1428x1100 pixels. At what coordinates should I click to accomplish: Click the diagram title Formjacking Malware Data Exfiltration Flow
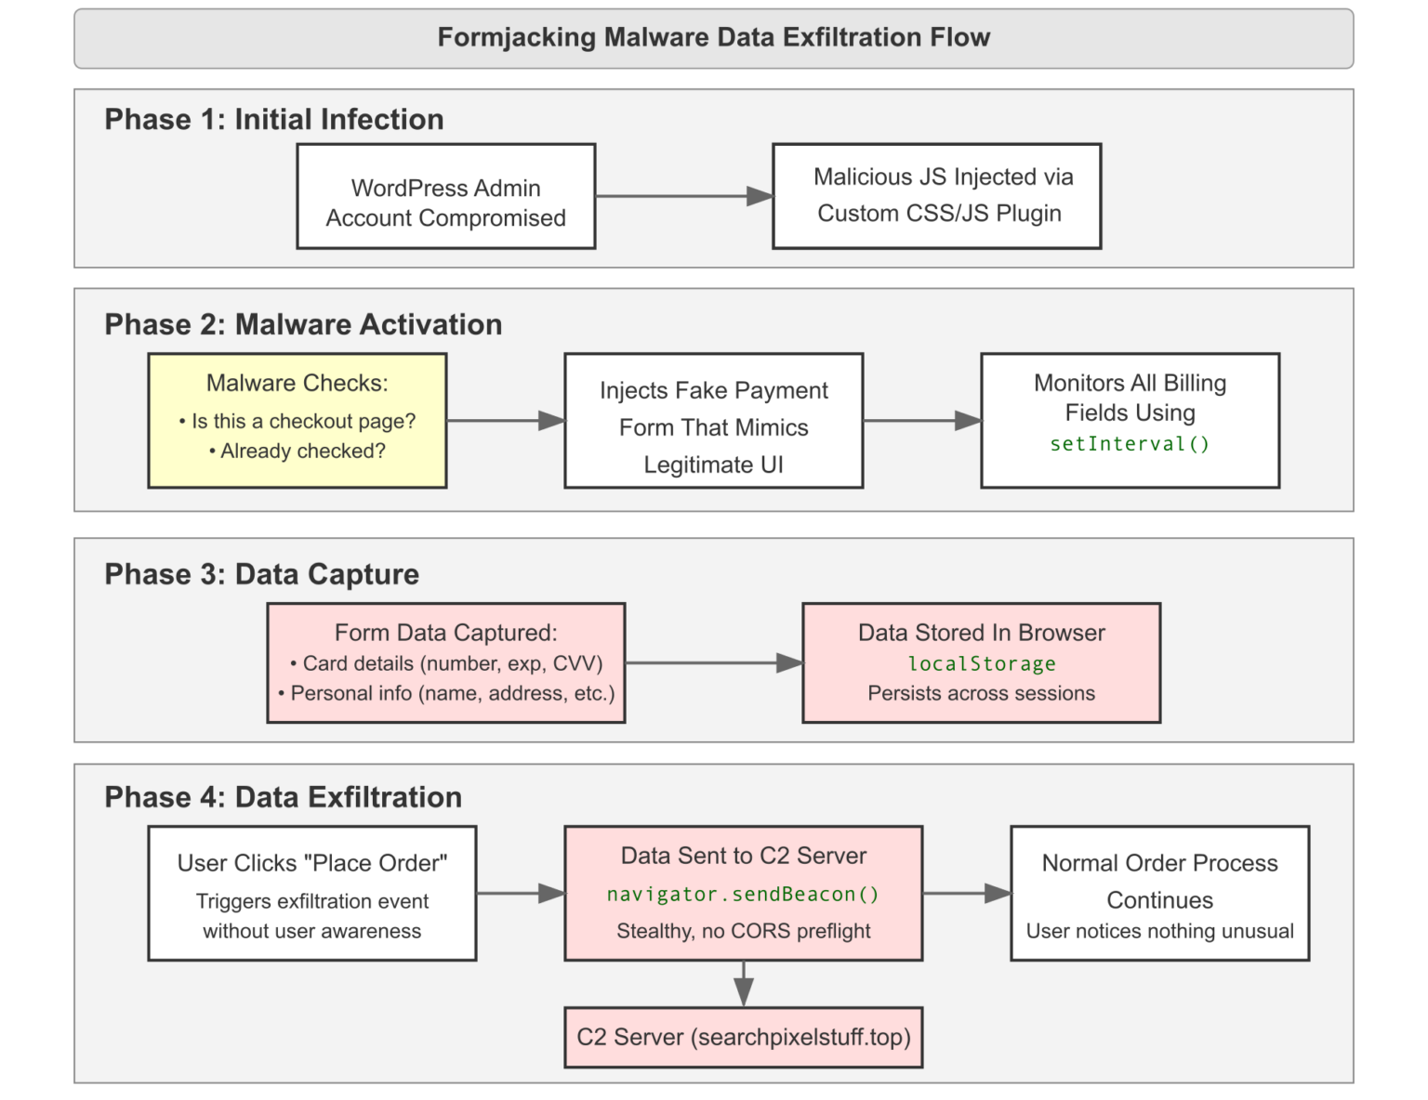coord(713,38)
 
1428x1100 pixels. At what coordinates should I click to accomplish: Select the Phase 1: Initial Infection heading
coord(273,120)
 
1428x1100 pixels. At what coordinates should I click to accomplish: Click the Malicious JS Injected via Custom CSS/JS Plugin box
coord(936,196)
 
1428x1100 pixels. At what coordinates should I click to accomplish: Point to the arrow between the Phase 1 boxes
coord(683,196)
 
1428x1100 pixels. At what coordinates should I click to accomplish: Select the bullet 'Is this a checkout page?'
coord(297,421)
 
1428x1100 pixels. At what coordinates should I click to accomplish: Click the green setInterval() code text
coord(1130,444)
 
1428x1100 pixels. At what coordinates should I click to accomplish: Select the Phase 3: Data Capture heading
coord(261,574)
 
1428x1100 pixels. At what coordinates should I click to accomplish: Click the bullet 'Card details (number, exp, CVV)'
coord(445,663)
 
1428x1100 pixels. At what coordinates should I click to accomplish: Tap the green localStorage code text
coord(981,664)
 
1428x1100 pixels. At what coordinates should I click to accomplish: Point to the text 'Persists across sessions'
coord(981,693)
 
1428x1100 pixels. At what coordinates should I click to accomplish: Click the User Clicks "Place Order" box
coord(311,893)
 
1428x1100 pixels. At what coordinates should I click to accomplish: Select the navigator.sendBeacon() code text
coord(743,895)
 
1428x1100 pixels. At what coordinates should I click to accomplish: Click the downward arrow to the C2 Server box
coord(743,983)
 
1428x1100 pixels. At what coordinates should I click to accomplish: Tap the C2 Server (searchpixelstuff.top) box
coord(743,1037)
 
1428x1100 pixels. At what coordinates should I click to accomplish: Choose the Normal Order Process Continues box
coord(1159,893)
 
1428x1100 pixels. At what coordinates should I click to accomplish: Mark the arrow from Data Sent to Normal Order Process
coord(966,893)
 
